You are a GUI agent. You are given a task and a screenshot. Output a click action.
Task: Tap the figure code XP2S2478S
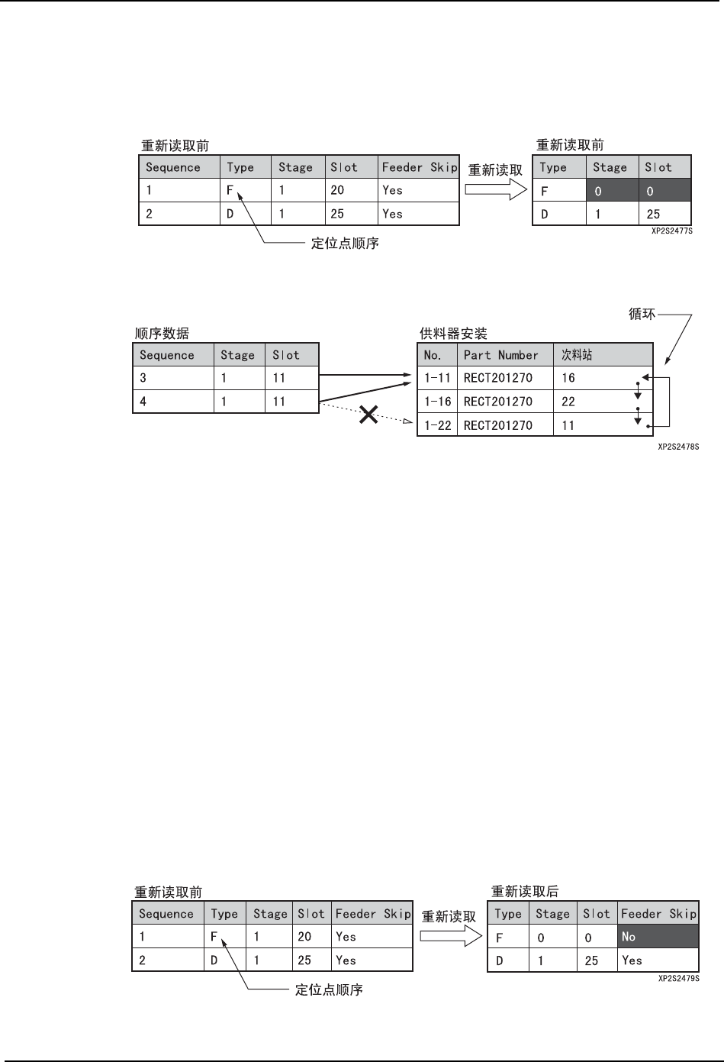pos(679,445)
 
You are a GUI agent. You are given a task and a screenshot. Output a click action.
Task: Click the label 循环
pos(642,313)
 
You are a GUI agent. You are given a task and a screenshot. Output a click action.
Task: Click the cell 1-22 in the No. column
pos(438,425)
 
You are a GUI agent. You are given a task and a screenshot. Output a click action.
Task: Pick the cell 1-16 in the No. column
pos(438,402)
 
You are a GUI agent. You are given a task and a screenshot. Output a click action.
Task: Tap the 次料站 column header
pos(578,355)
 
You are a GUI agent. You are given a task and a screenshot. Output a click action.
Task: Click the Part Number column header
pos(501,355)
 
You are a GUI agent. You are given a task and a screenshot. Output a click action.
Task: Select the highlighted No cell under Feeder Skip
pos(658,937)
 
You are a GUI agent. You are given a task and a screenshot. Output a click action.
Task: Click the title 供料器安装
pos(453,334)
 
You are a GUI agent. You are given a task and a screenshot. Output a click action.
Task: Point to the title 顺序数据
pos(162,334)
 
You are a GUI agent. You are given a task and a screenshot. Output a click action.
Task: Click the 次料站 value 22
pos(568,402)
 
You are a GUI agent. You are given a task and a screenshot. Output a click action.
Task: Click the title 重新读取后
pos(525,891)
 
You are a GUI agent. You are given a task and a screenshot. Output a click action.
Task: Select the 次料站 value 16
pos(568,378)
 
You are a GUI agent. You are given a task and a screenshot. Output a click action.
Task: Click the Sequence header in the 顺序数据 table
pos(167,355)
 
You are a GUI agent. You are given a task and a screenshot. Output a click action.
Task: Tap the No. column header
pos(433,355)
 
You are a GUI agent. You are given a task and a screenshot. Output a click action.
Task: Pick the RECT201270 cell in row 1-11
pos(498,378)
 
